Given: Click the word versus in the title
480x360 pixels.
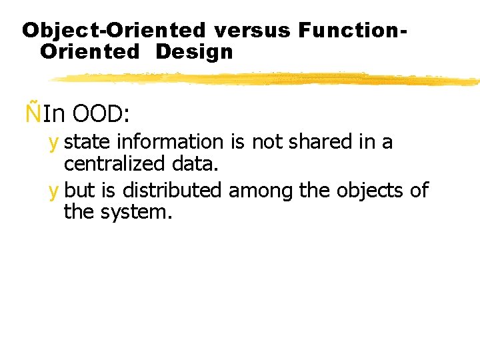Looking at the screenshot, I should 253,30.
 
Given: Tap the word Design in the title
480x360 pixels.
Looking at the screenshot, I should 194,51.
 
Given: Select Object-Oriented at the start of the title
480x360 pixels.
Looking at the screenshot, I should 114,30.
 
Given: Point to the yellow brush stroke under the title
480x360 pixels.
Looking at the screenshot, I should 267,79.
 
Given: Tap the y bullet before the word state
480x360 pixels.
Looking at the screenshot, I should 53,143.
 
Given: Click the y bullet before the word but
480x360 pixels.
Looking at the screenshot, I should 53,191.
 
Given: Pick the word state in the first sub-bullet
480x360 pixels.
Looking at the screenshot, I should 87,142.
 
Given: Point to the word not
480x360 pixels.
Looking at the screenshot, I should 265,142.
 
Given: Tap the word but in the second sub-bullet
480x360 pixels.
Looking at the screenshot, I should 80,191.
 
